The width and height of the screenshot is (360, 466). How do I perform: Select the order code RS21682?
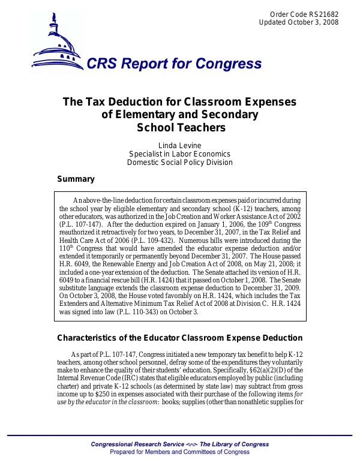pos(325,14)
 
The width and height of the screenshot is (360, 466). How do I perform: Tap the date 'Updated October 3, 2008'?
pos(299,23)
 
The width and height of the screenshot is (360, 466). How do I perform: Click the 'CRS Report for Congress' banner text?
pos(174,65)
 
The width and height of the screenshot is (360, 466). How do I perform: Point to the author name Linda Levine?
pos(179,146)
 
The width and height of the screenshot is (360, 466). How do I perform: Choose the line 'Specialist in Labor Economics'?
pos(179,154)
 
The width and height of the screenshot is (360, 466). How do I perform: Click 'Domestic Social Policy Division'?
pos(179,163)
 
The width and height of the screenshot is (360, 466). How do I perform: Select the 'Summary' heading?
pos(76,179)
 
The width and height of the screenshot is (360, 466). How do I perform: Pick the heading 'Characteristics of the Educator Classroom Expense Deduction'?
pos(179,338)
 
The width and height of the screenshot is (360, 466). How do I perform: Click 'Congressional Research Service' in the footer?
pos(137,444)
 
